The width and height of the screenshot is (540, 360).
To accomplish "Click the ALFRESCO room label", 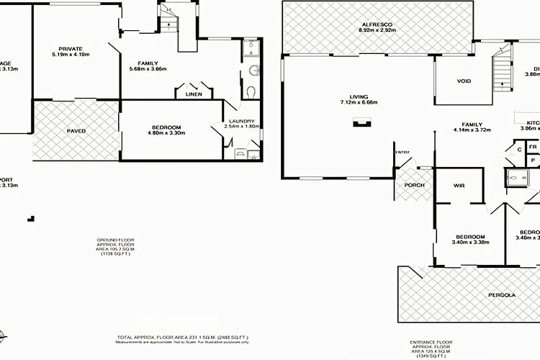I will pyautogui.click(x=379, y=24).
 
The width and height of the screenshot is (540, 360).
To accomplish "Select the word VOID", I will pyautogui.click(x=464, y=81).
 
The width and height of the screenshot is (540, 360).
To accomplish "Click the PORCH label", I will pyautogui.click(x=415, y=185).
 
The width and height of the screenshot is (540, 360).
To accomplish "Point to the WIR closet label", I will pyautogui.click(x=459, y=185).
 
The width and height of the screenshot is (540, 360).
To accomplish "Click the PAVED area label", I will pyautogui.click(x=76, y=131).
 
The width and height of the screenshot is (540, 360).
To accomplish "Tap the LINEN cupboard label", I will pyautogui.click(x=194, y=94).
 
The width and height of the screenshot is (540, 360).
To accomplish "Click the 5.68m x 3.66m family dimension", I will pyautogui.click(x=148, y=69).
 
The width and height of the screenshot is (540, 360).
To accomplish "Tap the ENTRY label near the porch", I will pyautogui.click(x=401, y=152).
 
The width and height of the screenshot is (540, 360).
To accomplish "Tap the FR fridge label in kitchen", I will pyautogui.click(x=533, y=146).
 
